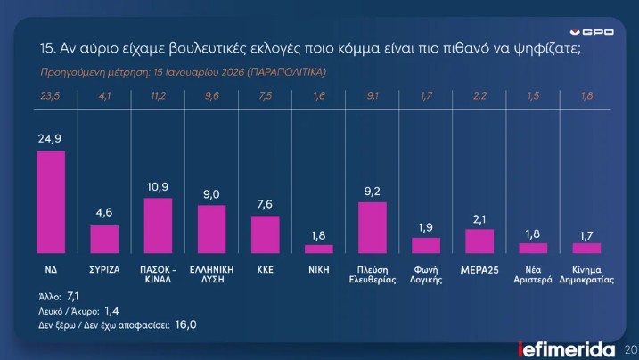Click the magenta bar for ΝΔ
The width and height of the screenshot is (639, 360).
click(51, 202)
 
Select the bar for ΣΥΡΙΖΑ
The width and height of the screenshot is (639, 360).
click(104, 239)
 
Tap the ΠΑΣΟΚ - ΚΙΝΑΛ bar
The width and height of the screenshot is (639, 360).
click(158, 225)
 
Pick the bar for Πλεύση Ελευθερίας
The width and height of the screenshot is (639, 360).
click(373, 228)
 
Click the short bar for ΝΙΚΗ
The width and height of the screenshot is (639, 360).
click(318, 249)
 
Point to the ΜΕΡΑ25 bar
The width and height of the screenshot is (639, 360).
click(479, 241)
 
